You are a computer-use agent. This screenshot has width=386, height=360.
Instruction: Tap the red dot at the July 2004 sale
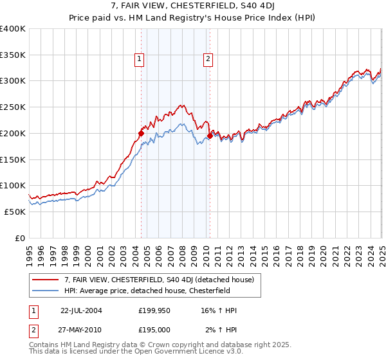pyautogui.click(x=141, y=134)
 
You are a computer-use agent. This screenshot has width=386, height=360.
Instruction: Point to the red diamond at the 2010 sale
pyautogui.click(x=210, y=136)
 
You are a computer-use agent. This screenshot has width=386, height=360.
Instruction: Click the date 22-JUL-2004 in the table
pyautogui.click(x=81, y=310)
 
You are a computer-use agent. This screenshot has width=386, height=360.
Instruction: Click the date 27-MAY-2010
pyautogui.click(x=81, y=330)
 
